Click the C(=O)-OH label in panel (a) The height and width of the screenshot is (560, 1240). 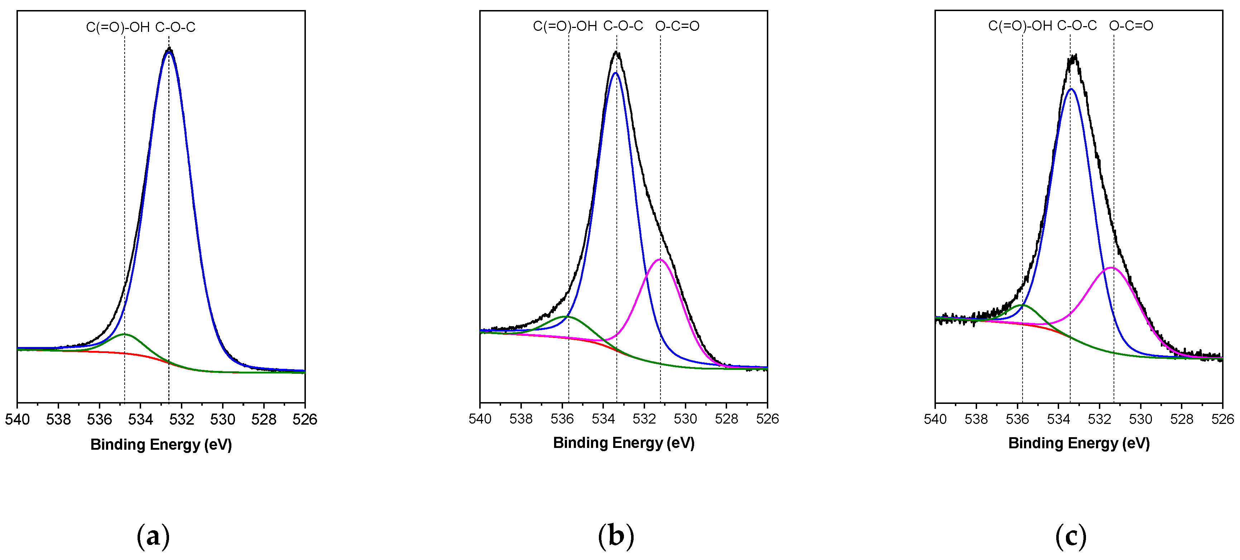tap(118, 28)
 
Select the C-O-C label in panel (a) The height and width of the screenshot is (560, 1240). tap(175, 28)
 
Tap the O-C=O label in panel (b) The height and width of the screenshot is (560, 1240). tap(677, 26)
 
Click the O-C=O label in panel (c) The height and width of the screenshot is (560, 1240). tap(1131, 25)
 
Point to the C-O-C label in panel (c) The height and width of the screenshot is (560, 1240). tap(1077, 25)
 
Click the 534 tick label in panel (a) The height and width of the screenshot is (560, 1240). tap(140, 420)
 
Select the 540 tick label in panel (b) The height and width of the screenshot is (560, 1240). tap(480, 419)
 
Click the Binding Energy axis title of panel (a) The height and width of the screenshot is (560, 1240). tap(161, 445)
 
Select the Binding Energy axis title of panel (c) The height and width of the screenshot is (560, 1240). tap(1079, 443)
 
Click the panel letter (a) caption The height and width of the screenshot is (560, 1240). tap(153, 536)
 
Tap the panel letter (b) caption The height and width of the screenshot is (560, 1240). tap(616, 536)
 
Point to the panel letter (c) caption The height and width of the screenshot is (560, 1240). tap(1071, 536)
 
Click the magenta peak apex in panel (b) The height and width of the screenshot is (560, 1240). tap(659, 260)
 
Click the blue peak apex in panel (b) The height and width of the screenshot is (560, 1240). tap(615, 73)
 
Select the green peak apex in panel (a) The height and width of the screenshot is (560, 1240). tap(124, 334)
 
